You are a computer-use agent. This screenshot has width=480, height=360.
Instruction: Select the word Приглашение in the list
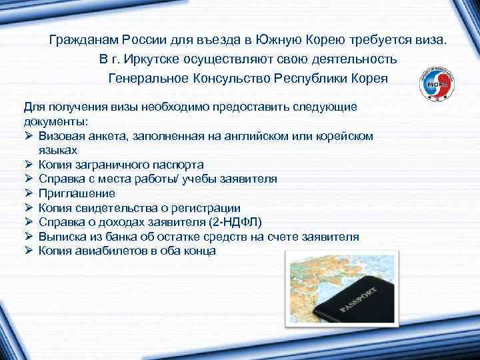pyautogui.click(x=77, y=193)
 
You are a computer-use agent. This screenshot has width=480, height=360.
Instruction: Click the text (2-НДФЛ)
pyautogui.click(x=237, y=223)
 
